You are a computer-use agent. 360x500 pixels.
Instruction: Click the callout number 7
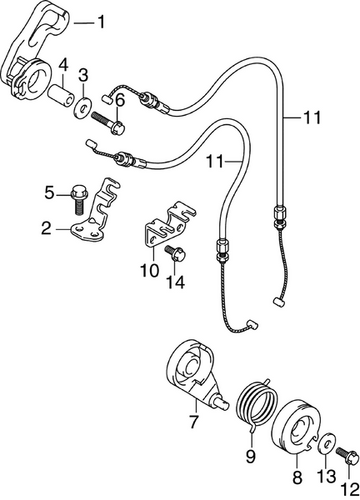[193, 422]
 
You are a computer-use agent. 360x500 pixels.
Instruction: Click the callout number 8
[297, 479]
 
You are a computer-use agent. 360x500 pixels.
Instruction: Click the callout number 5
[49, 193]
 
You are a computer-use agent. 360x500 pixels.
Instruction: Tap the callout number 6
[119, 101]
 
